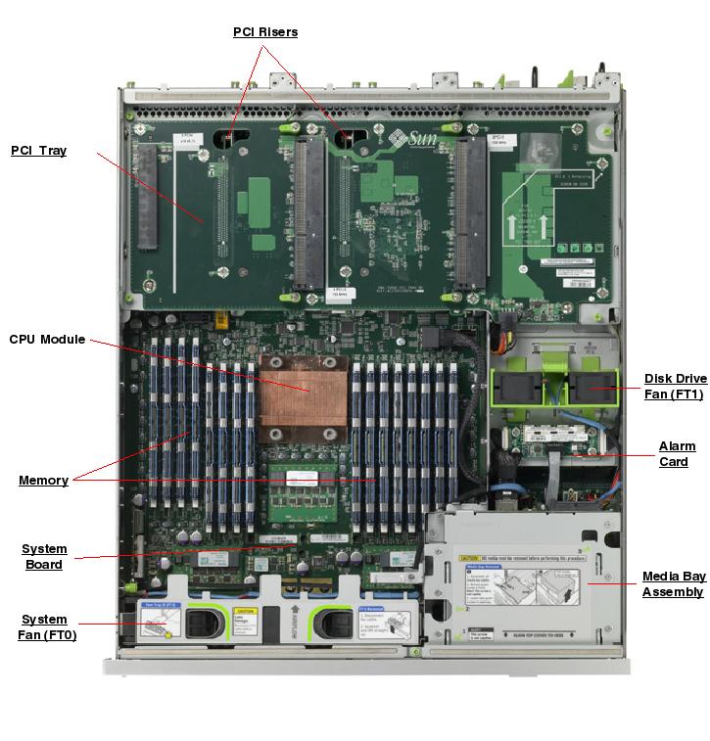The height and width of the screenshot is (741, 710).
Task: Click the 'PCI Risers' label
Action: click(265, 32)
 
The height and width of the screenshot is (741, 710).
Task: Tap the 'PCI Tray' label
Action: click(39, 151)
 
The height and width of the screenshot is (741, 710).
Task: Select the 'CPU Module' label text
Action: click(47, 340)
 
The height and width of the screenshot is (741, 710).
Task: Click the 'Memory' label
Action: click(43, 481)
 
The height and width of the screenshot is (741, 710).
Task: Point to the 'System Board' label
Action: click(44, 556)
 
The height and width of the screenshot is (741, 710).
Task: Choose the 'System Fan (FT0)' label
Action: click(45, 626)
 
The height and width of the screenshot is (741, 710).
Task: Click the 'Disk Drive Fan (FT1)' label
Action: click(675, 387)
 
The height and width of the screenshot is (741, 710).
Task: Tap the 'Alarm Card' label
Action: click(677, 454)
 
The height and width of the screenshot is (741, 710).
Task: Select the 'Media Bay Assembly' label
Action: click(673, 583)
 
